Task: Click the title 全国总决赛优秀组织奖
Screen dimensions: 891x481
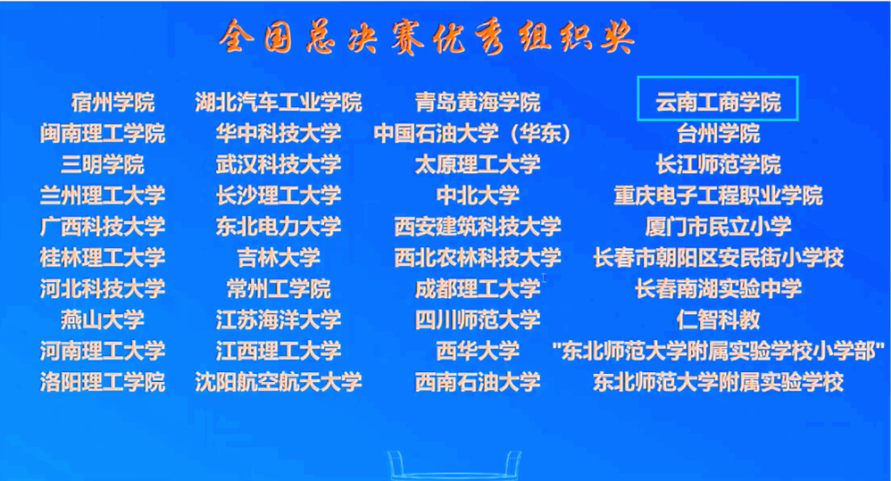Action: [426, 37]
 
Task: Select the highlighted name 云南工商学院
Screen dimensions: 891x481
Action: [719, 103]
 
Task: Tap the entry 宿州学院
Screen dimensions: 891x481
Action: [112, 103]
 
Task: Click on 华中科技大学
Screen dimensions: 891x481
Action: [279, 134]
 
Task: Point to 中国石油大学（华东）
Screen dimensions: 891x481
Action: [473, 134]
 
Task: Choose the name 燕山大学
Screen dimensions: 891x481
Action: [103, 319]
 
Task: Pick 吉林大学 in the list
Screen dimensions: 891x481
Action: [279, 258]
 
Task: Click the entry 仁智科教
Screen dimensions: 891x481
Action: [719, 319]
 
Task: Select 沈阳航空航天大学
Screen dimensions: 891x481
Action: [279, 382]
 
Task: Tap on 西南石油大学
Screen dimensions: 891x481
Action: [478, 382]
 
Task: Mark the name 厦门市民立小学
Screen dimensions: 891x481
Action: [719, 227]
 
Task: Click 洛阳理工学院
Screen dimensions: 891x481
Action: [103, 382]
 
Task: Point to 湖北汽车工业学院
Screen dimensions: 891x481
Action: [279, 103]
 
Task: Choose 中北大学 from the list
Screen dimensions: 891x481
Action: [478, 195]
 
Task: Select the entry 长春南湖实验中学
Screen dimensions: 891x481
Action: [719, 288]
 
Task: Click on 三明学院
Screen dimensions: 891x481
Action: [103, 165]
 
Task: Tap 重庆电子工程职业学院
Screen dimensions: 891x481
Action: [719, 195]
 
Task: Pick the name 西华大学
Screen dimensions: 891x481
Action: [478, 351]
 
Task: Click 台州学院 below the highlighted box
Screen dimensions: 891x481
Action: [719, 134]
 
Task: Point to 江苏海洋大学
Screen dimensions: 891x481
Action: [279, 319]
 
